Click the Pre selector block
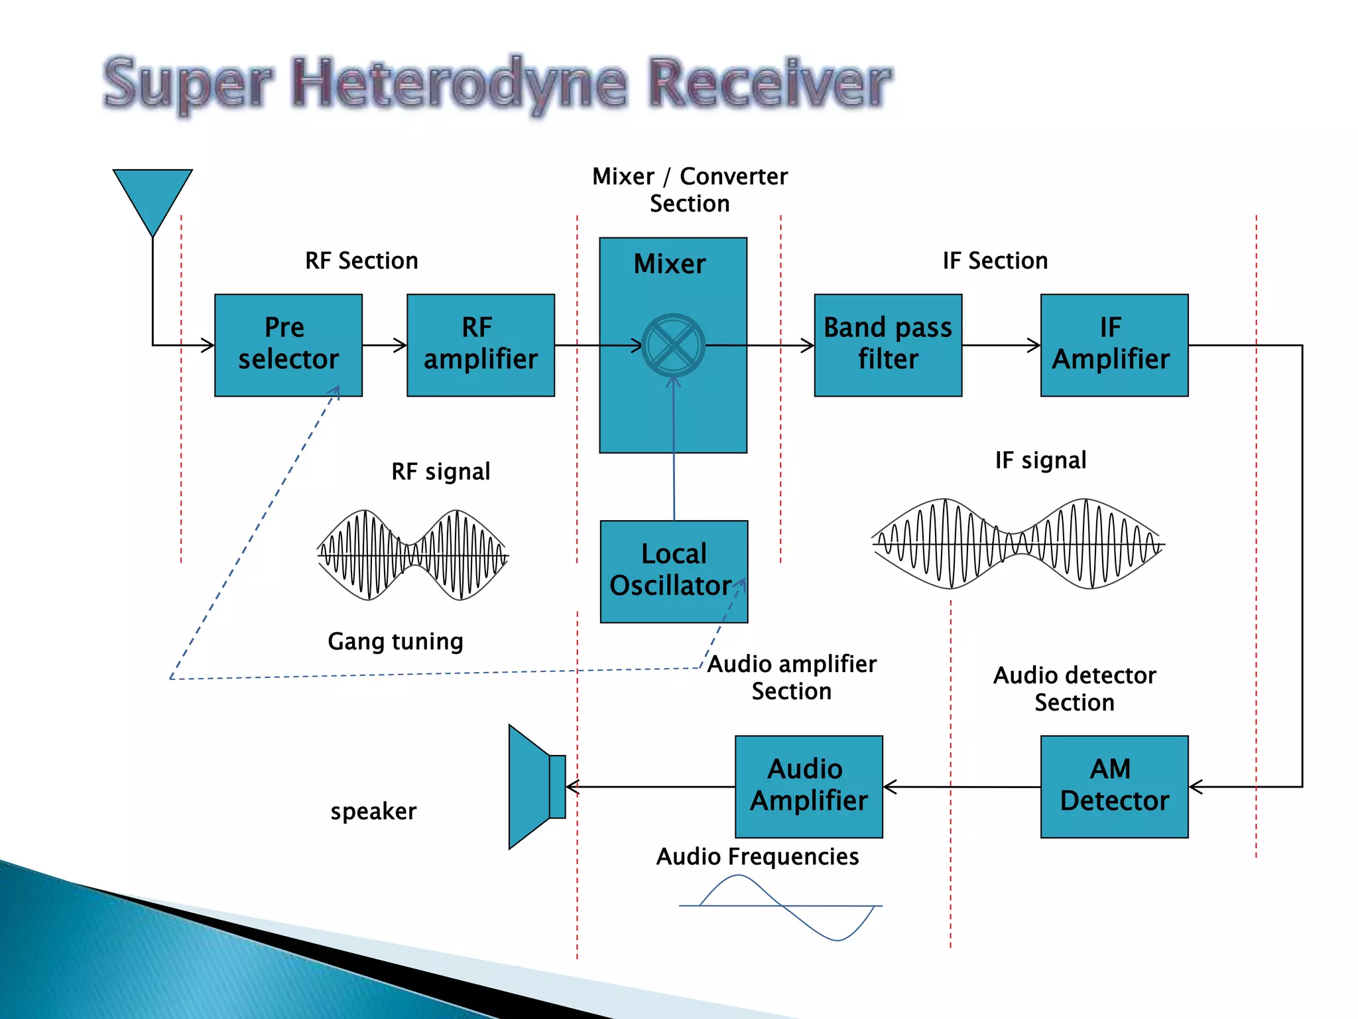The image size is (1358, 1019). pos(288,345)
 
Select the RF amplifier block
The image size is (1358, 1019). pos(480,345)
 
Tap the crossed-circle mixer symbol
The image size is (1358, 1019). pos(673,345)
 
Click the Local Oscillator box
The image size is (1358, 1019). pos(674,571)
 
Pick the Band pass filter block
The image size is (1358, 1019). pos(887,345)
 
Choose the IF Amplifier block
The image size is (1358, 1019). pos(1114,345)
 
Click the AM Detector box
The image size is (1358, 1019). pos(1114,786)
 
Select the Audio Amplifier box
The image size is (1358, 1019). pos(808,786)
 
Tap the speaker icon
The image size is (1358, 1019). pos(534,786)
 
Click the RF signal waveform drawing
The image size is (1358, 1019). pos(412,555)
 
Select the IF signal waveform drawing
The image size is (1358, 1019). pos(1017,544)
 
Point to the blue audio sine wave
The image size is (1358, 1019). pos(782,906)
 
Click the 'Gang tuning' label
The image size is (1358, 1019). pos(395,642)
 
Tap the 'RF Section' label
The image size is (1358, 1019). pos(361,261)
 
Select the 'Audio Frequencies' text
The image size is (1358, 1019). pos(757,856)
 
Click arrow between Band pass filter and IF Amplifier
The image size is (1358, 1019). pos(1001,345)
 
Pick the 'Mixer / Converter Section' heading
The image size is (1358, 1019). pos(690,190)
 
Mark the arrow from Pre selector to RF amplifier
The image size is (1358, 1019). pos(385,345)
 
